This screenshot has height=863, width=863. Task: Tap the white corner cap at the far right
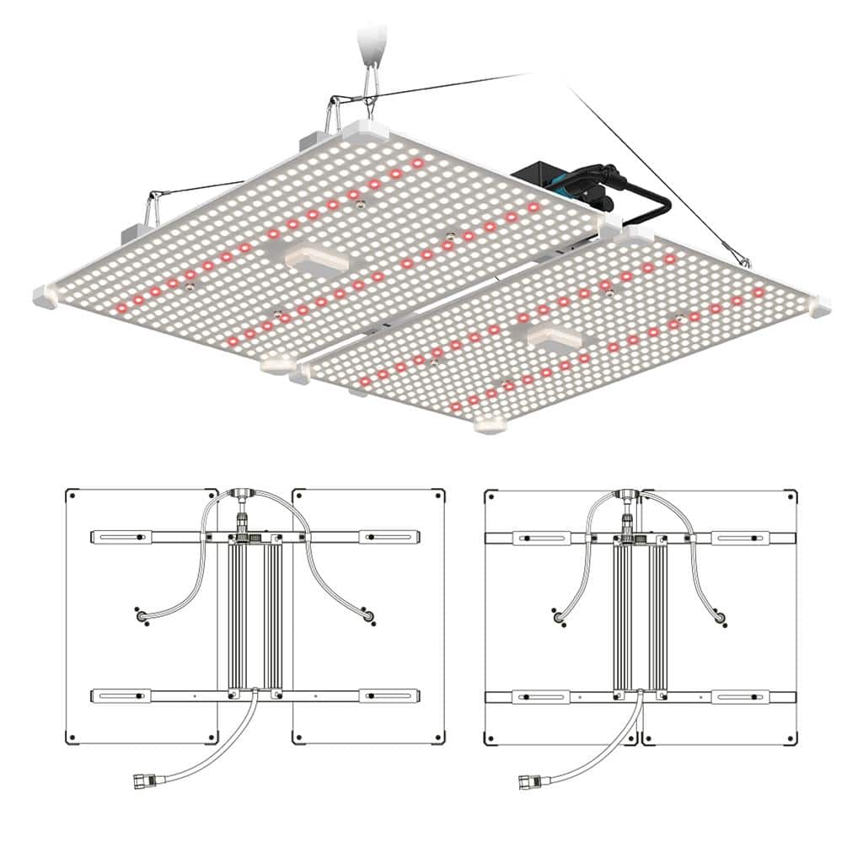coord(818,305)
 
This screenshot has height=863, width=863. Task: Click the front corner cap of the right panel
coord(489,425)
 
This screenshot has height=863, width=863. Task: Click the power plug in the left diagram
coord(141,780)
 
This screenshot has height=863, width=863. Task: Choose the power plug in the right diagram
coord(528,780)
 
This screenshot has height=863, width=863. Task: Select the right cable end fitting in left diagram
coord(367,617)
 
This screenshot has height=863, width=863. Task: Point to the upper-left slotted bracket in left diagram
coord(123,537)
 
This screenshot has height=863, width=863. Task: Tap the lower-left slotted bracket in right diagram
coord(543,697)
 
